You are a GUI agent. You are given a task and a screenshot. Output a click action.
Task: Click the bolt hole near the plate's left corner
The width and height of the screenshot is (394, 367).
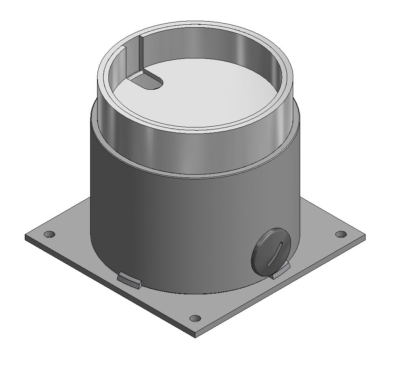tap(50, 234)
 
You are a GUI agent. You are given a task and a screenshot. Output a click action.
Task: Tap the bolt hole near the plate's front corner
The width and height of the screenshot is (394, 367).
tap(195, 318)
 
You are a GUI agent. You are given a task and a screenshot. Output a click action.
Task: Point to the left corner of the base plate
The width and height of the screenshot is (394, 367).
tap(26, 236)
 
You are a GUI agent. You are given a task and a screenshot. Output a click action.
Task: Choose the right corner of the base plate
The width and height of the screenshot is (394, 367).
tap(364, 237)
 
